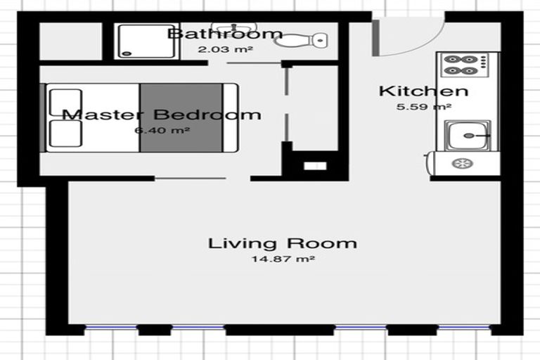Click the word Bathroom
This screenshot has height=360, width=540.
pos(225,34)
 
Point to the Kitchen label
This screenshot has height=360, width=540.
pos(423,91)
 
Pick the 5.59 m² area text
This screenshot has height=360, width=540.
pos(423,107)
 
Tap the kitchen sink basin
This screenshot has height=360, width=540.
pos(463,134)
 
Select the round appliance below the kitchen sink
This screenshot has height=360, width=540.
pos(462,163)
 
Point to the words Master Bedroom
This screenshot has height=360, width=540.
pos(161,115)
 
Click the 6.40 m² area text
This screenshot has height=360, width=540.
pos(161,130)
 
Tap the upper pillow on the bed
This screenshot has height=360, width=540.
pos(65,103)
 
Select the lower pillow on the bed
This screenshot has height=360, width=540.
pos(65,134)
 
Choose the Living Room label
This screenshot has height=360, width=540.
pos(282,244)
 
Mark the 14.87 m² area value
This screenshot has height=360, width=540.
pos(282,259)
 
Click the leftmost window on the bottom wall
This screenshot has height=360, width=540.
pos(110,328)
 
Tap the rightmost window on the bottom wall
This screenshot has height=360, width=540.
pos(463,328)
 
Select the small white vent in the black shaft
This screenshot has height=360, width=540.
pos(315,166)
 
